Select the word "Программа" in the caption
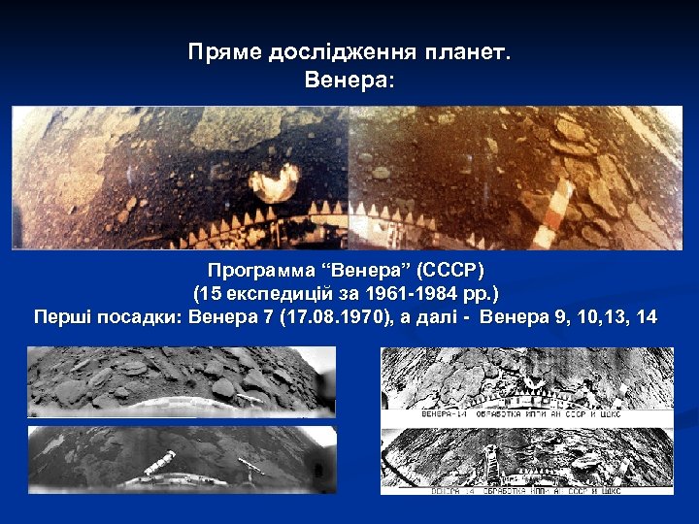pos(255,269)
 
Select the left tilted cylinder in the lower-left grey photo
pos(160,462)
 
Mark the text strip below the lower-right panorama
pos(524,490)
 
